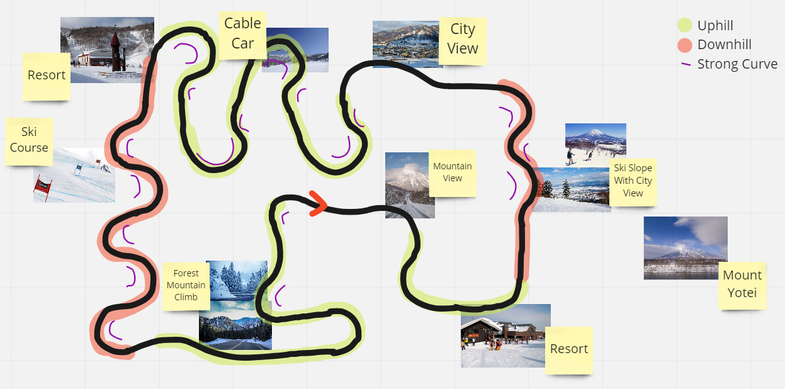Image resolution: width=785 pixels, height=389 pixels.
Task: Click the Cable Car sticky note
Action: pyautogui.click(x=242, y=35)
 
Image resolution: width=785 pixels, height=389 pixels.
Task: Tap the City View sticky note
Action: pyautogui.click(x=463, y=41)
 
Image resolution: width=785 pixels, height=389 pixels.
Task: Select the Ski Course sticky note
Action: pyautogui.click(x=29, y=142)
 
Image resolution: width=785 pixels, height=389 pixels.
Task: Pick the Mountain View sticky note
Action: pyautogui.click(x=453, y=173)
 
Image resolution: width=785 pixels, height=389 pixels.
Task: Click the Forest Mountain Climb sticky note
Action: pyautogui.click(x=186, y=286)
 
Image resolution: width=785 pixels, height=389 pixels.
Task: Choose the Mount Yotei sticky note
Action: pyautogui.click(x=742, y=286)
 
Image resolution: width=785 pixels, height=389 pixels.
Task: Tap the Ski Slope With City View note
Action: pyautogui.click(x=633, y=183)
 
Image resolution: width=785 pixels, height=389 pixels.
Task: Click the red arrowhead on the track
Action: pyautogui.click(x=318, y=203)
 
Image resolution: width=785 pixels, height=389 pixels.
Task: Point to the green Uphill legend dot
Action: pyautogui.click(x=684, y=25)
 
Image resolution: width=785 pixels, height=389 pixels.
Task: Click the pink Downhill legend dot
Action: pyautogui.click(x=684, y=45)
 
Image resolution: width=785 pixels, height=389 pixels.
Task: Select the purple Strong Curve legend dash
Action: pyautogui.click(x=686, y=64)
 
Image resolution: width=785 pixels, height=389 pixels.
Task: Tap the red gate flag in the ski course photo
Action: pyautogui.click(x=43, y=186)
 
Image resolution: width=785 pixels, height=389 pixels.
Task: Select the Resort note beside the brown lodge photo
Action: pyautogui.click(x=569, y=351)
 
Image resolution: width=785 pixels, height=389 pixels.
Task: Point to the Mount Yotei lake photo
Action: pyautogui.click(x=685, y=248)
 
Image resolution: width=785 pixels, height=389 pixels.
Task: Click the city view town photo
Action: pyautogui.click(x=406, y=44)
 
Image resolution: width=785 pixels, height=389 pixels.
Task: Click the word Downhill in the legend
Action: pyautogui.click(x=725, y=45)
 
